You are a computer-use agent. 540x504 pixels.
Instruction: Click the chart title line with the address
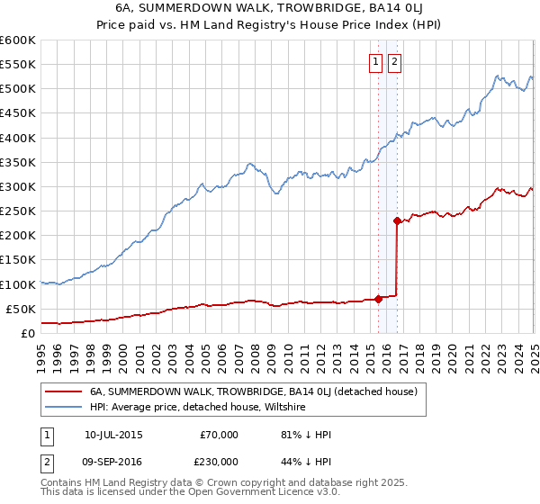coord(270,9)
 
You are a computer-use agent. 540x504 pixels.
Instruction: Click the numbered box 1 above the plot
coord(374,62)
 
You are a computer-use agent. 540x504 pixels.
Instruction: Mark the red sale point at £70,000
coord(378,299)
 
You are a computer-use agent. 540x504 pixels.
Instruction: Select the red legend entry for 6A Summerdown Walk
coord(252,391)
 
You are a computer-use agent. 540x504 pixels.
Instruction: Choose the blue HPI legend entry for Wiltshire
coord(198,407)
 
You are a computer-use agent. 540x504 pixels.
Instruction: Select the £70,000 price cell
coord(219,435)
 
